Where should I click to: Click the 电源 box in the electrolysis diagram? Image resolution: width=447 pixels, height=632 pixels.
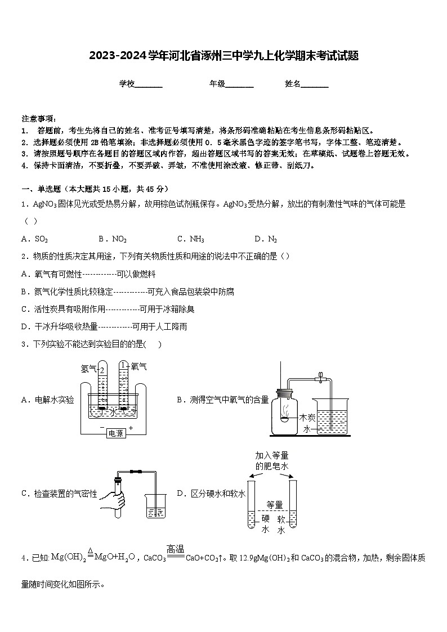click(x=115, y=433)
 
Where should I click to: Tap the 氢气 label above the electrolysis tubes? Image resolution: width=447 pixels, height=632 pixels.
click(x=88, y=369)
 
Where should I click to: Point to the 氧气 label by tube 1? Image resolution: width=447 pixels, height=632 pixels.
click(x=138, y=366)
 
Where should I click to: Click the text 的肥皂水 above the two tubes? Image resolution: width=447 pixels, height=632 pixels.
click(x=272, y=467)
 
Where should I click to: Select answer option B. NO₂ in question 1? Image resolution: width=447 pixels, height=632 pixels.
click(x=112, y=239)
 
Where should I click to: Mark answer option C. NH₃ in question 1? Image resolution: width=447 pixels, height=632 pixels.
click(x=190, y=239)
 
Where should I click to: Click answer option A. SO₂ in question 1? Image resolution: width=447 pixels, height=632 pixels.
click(x=34, y=239)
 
